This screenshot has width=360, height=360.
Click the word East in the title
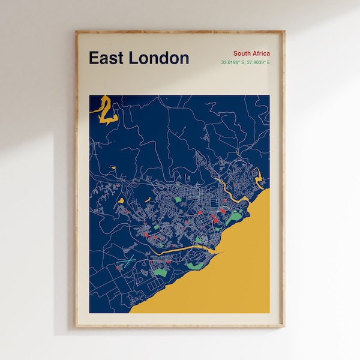coord(106,58)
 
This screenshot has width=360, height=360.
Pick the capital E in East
coord(94,58)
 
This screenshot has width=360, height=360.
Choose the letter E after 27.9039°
coord(268,62)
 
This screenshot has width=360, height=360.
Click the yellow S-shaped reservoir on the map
coord(106,108)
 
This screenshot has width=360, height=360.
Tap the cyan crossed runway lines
coord(128,262)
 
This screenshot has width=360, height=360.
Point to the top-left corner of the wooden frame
coord(76,31)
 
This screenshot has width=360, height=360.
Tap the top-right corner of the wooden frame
coord(284,31)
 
